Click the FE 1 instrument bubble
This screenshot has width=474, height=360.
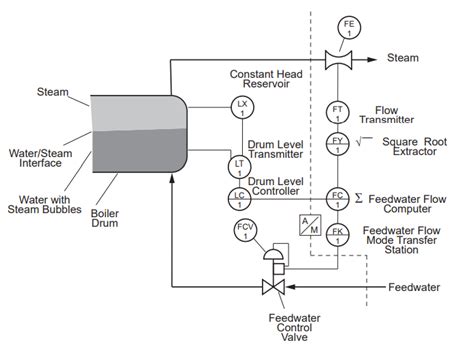[x=349, y=27]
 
